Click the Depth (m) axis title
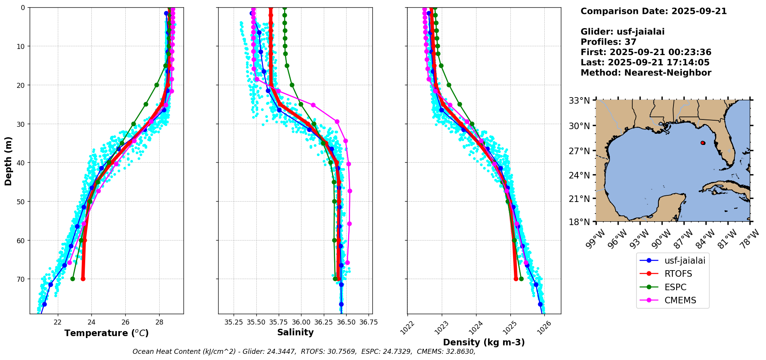tap(8, 161)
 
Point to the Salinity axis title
tap(295, 332)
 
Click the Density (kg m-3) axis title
tap(484, 342)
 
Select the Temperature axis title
tap(106, 333)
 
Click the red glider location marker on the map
tap(703, 143)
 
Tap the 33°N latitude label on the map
tap(579, 101)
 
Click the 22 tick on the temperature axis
tap(57, 322)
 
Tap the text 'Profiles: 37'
tap(608, 42)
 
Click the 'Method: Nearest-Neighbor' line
tap(646, 73)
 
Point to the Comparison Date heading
tap(653, 11)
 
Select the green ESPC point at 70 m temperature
tap(72, 279)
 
